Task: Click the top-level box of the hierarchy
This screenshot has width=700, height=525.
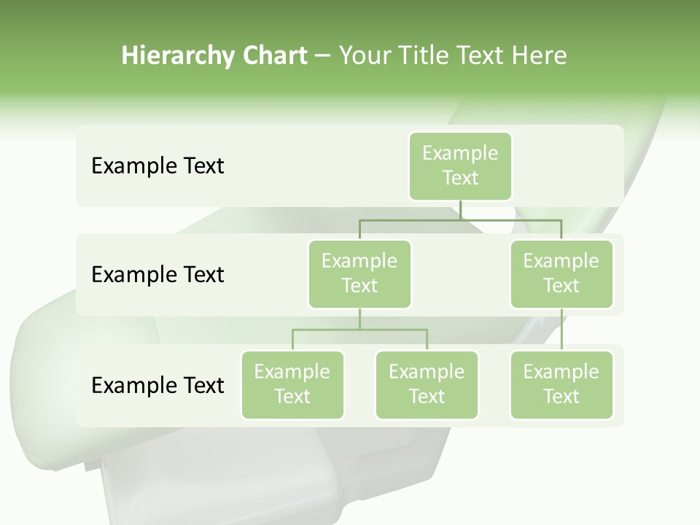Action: click(460, 166)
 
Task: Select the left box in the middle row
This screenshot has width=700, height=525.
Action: click(359, 274)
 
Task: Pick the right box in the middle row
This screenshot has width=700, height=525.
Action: click(561, 274)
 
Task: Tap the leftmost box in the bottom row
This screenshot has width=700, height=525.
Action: click(292, 385)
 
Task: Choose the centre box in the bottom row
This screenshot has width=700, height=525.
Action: click(427, 385)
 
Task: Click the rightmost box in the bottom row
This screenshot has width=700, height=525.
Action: click(561, 385)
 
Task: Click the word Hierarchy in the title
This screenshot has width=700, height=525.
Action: click(177, 56)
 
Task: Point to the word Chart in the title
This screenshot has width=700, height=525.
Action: click(275, 56)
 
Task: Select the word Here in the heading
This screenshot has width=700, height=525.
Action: click(540, 56)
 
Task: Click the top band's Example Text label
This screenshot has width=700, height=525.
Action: click(157, 166)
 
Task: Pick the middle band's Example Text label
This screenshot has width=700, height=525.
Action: click(157, 275)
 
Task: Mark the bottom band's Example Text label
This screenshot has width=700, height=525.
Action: click(157, 385)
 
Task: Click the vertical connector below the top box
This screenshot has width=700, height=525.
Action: click(460, 210)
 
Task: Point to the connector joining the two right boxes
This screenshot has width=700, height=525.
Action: click(561, 330)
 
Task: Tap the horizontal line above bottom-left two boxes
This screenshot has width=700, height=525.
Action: click(359, 330)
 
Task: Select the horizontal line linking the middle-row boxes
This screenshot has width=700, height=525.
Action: click(460, 219)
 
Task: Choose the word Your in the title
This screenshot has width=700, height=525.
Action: click(363, 56)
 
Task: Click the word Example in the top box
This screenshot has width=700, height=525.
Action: click(460, 153)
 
